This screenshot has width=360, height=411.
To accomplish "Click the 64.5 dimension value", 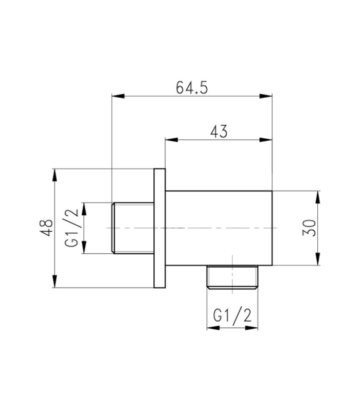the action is tap(192, 87).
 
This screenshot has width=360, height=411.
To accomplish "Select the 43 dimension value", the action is tap(219, 132).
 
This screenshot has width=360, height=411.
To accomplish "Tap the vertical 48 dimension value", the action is tap(46, 228).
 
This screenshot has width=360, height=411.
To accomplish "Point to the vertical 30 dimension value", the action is tap(310, 228).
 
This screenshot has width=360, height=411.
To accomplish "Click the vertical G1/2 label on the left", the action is tap(71, 228).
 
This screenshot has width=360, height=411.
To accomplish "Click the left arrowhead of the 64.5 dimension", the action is tap(118, 96).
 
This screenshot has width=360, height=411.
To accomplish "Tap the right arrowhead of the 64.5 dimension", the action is tap(266, 96).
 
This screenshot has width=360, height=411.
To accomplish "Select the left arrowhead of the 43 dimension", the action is tap(172, 140).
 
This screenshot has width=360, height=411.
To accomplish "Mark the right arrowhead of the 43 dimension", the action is tap(266, 140).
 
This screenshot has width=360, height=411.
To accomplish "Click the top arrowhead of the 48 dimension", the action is tap(55, 175).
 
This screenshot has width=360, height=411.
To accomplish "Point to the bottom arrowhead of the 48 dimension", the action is tap(55, 281).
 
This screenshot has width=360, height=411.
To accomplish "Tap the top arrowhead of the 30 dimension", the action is tap(318, 197).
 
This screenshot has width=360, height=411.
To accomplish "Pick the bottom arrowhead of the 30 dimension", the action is tap(318, 259).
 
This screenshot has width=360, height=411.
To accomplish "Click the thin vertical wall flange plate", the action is tap(159, 228).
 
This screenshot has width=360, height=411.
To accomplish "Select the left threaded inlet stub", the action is tap(133, 228).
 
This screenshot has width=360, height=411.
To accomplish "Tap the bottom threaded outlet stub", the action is tap(232, 277).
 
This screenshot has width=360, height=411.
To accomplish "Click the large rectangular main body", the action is tap(219, 228).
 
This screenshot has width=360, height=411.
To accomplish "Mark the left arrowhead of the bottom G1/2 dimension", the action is tap(213, 328).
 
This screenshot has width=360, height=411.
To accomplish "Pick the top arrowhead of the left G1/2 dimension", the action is tap(84, 209).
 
